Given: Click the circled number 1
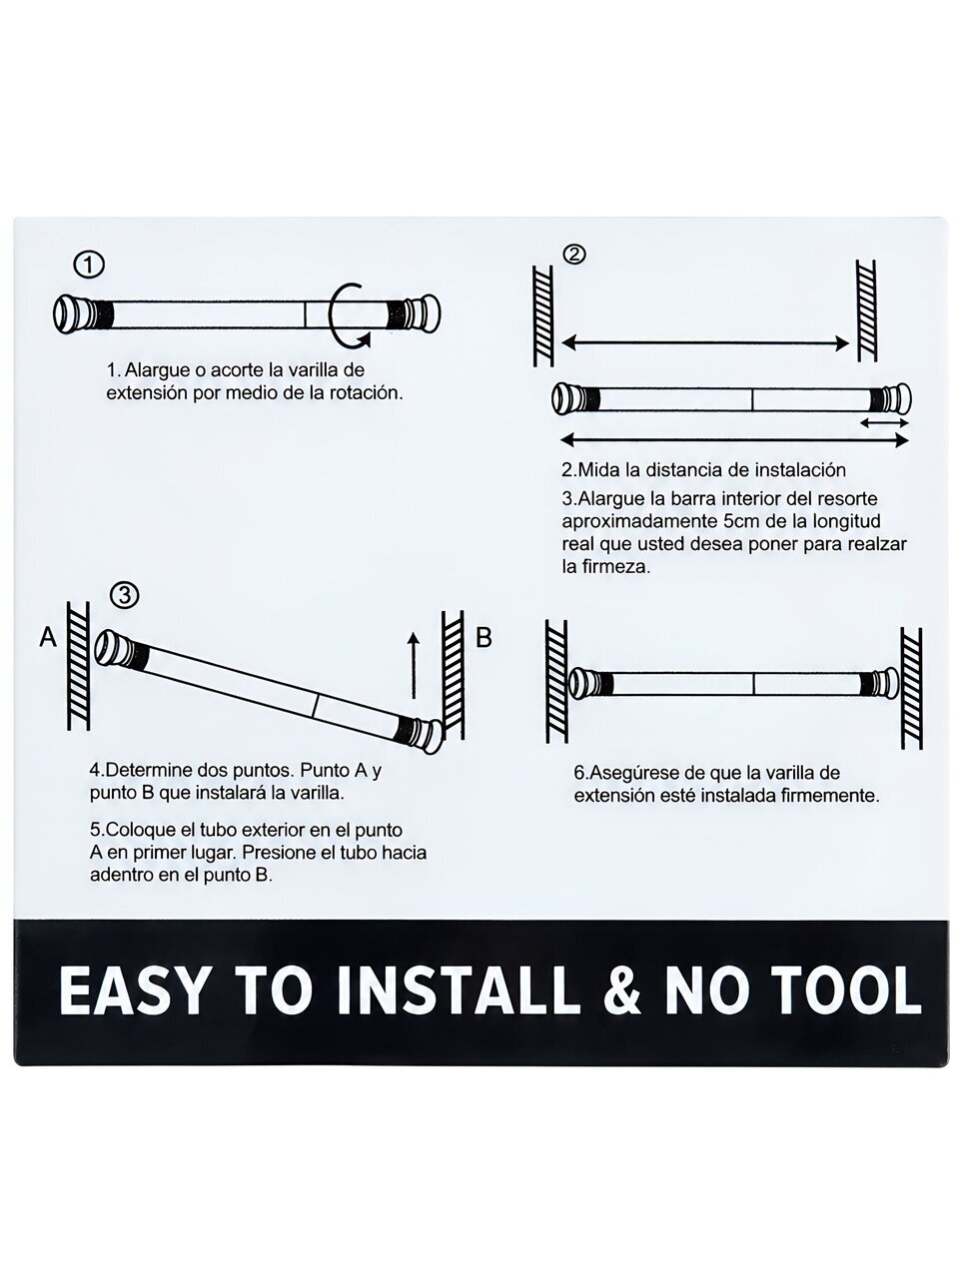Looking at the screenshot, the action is click(x=89, y=266).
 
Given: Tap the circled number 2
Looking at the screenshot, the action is click(x=574, y=255).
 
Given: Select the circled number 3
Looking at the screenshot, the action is click(x=124, y=596).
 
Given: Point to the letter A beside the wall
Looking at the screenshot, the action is click(x=48, y=638).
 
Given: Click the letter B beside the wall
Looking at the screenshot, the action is click(x=483, y=638).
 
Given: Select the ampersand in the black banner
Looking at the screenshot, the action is click(x=622, y=989).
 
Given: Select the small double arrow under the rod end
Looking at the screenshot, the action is click(x=884, y=423).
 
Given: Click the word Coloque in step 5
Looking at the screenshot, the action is click(x=139, y=829).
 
